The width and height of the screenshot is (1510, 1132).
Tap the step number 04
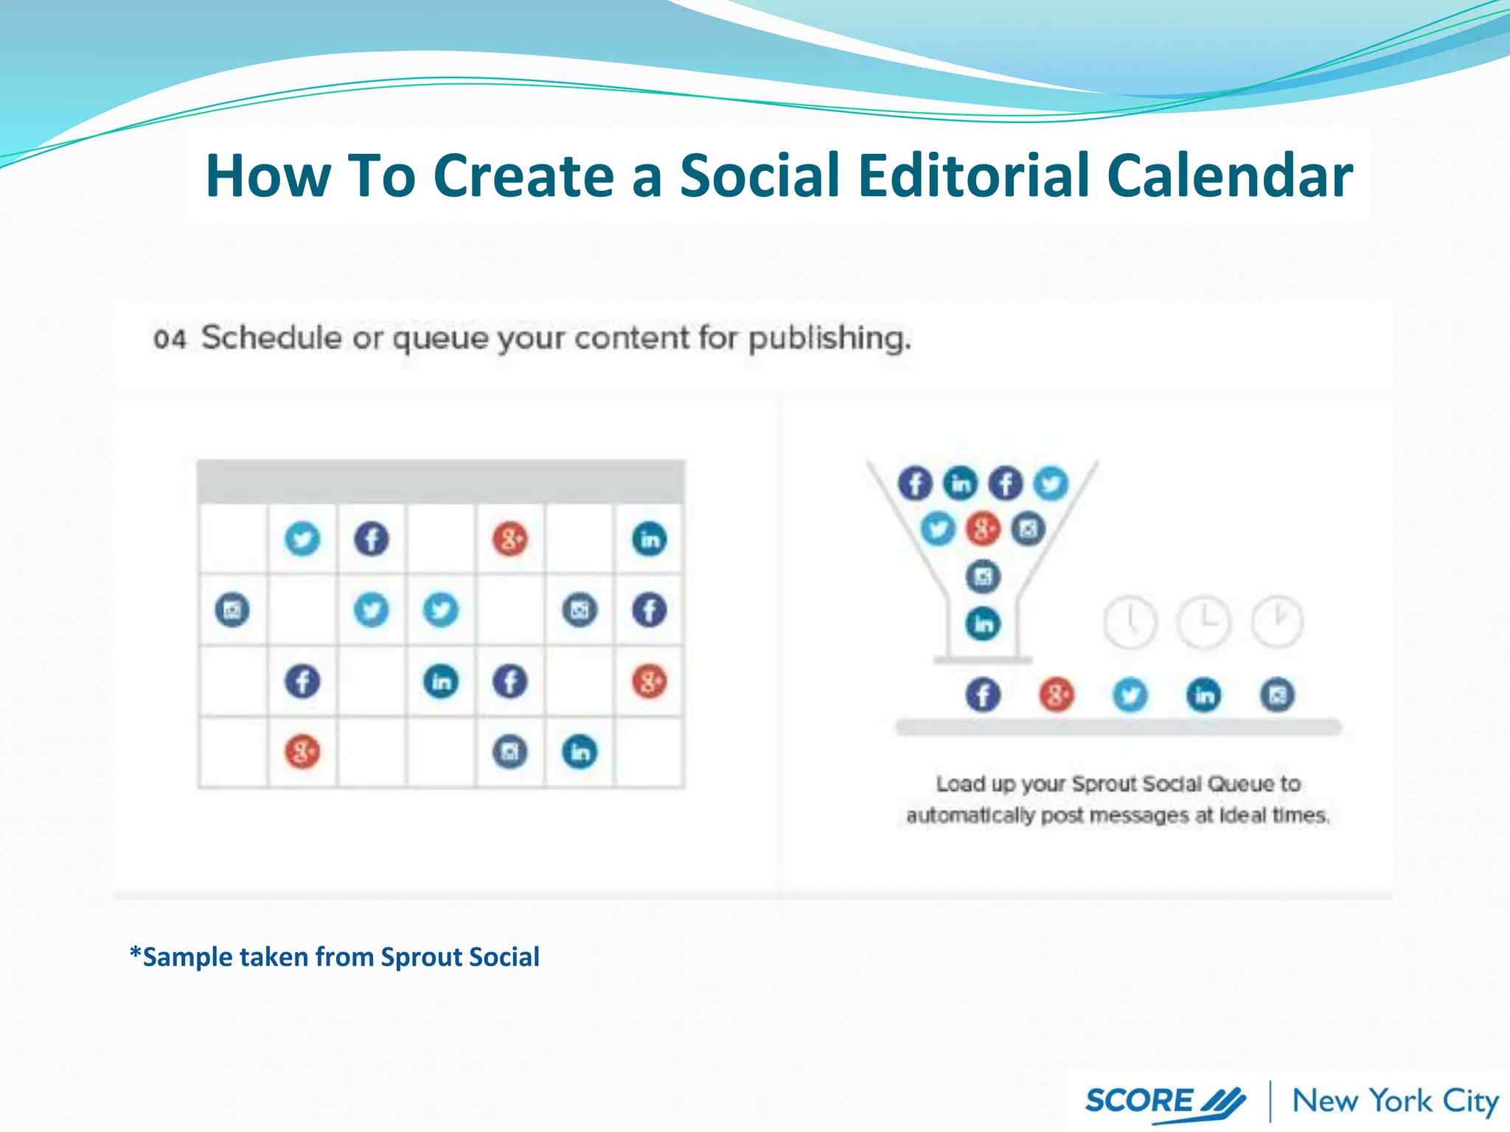click(169, 339)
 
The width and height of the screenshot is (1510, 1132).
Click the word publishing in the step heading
click(829, 339)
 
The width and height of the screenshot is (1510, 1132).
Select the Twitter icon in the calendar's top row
click(302, 539)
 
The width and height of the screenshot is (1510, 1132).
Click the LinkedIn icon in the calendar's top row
click(650, 539)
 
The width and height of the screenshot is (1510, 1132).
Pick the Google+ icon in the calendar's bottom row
click(302, 752)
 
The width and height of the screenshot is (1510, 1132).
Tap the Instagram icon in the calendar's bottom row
click(510, 752)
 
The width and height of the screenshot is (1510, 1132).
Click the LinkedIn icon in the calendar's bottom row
click(580, 752)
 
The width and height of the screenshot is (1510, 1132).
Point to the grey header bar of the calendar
click(440, 481)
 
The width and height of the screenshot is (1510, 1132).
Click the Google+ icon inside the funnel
click(983, 528)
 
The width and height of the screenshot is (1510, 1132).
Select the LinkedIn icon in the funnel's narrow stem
click(984, 624)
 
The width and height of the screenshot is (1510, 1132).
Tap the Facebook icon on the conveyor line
click(984, 695)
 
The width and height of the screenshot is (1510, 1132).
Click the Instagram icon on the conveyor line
click(1278, 695)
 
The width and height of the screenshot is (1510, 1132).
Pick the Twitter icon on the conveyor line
click(1130, 695)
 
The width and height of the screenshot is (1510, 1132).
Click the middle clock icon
click(1203, 621)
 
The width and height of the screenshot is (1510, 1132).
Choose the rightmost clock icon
click(1278, 621)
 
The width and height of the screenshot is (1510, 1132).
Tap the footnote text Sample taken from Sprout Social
click(335, 957)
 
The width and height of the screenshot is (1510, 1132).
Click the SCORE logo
click(1165, 1101)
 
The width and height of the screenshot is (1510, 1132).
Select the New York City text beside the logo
click(1395, 1101)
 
